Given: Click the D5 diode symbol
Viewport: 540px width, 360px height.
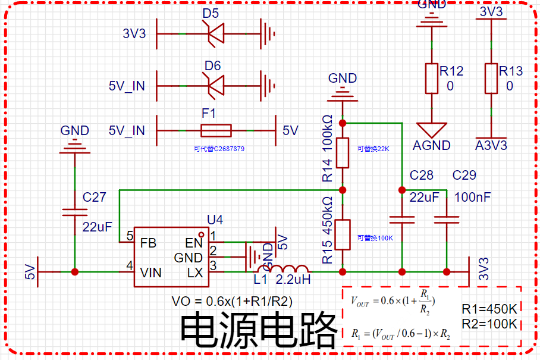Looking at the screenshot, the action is click(x=216, y=33).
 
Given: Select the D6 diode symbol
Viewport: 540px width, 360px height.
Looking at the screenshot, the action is click(x=216, y=86).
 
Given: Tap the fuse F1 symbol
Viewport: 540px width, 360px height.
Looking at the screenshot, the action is click(x=216, y=130).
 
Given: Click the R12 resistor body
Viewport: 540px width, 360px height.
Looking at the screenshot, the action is click(x=432, y=79).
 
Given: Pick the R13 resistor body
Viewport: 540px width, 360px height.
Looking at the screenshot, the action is click(x=491, y=79).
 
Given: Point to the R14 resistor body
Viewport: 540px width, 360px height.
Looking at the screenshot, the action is click(x=343, y=153).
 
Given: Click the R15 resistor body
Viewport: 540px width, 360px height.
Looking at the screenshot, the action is click(x=343, y=234).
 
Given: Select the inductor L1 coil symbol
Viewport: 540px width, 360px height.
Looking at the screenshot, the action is click(x=282, y=269).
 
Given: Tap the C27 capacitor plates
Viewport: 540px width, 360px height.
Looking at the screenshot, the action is click(x=75, y=212).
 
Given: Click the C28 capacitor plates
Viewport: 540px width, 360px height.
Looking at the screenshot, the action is click(x=402, y=220).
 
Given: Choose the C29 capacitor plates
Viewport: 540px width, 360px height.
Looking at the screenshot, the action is click(x=447, y=220).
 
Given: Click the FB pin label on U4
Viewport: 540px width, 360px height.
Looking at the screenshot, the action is click(x=149, y=243).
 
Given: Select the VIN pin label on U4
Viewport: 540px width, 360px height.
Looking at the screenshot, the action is click(x=151, y=273).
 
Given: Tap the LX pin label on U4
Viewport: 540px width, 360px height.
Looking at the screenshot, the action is click(x=195, y=273).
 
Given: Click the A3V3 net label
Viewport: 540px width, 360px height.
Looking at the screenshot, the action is click(x=491, y=145).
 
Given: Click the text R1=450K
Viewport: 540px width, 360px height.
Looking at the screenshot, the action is click(x=489, y=309).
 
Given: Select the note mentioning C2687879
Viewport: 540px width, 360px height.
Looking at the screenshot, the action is click(x=219, y=149).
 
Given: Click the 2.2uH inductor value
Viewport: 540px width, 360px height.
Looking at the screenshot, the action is click(x=293, y=280).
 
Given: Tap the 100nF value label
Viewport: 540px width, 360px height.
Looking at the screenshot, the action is click(x=472, y=198).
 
